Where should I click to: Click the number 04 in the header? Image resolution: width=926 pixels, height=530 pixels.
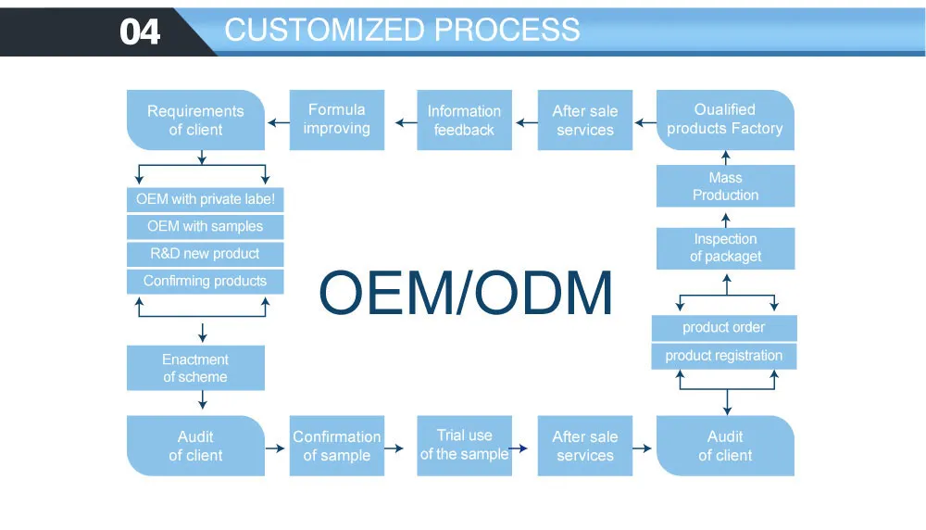pyautogui.click(x=141, y=32)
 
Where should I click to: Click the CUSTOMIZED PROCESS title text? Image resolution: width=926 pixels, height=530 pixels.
pyautogui.click(x=402, y=30)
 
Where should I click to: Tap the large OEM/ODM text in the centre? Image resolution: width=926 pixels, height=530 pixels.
pyautogui.click(x=466, y=293)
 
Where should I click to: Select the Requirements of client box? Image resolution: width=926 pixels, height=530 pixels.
pyautogui.click(x=195, y=120)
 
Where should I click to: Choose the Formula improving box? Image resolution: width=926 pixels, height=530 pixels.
pyautogui.click(x=336, y=120)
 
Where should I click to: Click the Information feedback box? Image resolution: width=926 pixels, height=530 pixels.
pyautogui.click(x=464, y=120)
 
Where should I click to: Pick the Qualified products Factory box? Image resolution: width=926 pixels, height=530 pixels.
pyautogui.click(x=725, y=120)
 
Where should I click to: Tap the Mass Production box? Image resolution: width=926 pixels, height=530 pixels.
pyautogui.click(x=725, y=186)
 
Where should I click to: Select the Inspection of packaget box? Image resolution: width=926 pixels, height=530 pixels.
pyautogui.click(x=725, y=247)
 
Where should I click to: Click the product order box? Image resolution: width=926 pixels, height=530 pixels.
pyautogui.click(x=724, y=328)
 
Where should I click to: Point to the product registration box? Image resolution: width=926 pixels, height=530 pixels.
pyautogui.click(x=724, y=356)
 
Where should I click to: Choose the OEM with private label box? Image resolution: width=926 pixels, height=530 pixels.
pyautogui.click(x=206, y=199)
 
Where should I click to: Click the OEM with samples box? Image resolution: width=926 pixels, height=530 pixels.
pyautogui.click(x=206, y=226)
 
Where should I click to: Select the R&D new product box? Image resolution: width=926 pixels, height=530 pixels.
pyautogui.click(x=206, y=254)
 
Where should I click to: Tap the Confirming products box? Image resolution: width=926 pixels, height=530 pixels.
pyautogui.click(x=206, y=281)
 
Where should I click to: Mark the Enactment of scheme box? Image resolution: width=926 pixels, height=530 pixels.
pyautogui.click(x=195, y=368)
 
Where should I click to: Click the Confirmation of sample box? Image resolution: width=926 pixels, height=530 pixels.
pyautogui.click(x=336, y=446)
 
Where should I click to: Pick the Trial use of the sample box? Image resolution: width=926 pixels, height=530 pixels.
pyautogui.click(x=464, y=445)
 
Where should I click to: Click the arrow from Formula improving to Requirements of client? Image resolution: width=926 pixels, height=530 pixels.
pyautogui.click(x=277, y=120)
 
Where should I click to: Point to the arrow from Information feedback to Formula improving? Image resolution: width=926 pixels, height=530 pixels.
pyautogui.click(x=406, y=120)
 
